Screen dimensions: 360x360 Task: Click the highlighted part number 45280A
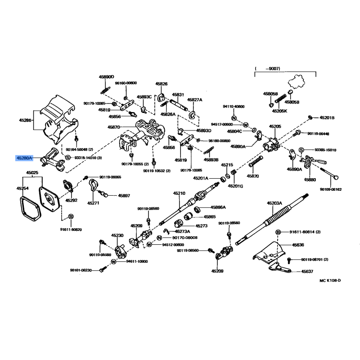coord(24,158)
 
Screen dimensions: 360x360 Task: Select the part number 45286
coord(25,121)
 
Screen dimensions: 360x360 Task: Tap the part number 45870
coord(113,127)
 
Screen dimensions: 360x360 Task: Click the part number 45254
coord(23,189)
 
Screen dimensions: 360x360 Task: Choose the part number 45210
coord(179,193)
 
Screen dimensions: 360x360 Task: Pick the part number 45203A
coord(274,203)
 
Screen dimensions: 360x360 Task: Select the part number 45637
coord(307,271)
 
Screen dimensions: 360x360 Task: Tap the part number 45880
coord(310,179)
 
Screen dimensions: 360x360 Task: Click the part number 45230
coord(117,235)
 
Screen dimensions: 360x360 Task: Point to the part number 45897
coord(124,195)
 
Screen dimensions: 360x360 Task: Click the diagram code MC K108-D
coord(330,280)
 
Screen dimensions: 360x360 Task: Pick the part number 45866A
coord(218,207)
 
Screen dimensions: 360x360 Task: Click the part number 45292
coord(71,200)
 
